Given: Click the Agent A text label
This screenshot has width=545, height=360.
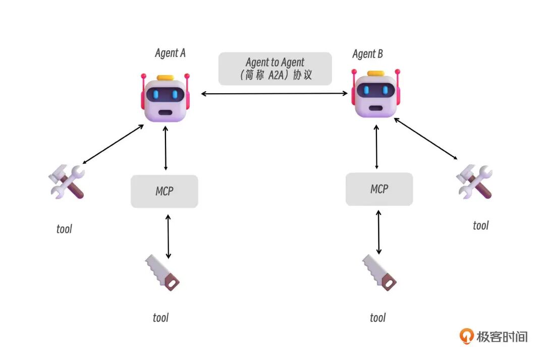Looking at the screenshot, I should click(170, 53).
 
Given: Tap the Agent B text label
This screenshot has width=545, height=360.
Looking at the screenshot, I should click(367, 54).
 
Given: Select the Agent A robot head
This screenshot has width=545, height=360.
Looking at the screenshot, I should click(166, 99).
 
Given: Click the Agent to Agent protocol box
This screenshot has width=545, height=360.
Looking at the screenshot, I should click(275, 69).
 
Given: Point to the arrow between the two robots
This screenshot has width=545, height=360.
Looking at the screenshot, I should click(275, 93).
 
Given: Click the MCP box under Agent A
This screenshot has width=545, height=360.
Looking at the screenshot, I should click(165, 192).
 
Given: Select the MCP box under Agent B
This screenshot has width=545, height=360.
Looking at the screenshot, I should click(379, 189).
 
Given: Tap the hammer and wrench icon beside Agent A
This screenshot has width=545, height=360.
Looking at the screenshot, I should click(67, 182).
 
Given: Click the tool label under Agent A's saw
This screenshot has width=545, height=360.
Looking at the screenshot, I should click(160, 318).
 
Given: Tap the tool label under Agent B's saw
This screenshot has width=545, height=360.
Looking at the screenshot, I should click(377, 318).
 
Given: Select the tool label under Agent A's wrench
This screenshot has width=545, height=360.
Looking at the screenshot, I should click(64, 229).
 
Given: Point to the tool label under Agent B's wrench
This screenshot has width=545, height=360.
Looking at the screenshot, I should click(480, 225).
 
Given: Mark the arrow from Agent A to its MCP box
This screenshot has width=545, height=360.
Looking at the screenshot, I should click(166, 148).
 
